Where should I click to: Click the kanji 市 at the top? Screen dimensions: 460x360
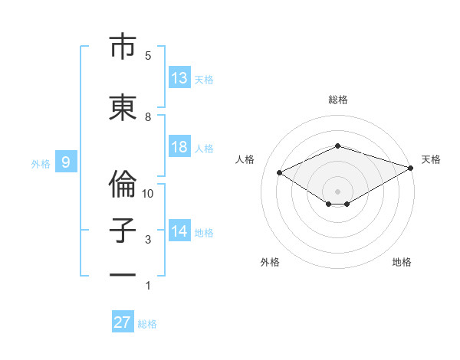(123, 46)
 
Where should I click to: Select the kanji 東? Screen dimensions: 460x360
(123, 107)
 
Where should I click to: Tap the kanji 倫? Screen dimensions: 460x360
(123, 184)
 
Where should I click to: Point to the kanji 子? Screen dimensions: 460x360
(123, 231)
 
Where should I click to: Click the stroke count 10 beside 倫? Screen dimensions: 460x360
(147, 194)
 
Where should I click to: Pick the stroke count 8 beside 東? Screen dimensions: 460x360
(148, 117)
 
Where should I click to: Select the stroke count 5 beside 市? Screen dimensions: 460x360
(148, 56)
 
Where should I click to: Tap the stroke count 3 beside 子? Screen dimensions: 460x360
(148, 240)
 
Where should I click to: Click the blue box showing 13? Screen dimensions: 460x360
(179, 77)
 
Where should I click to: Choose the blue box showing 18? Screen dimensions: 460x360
(179, 146)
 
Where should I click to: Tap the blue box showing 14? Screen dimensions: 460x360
(179, 230)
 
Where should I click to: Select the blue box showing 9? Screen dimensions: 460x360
(66, 162)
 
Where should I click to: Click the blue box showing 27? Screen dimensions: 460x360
(123, 321)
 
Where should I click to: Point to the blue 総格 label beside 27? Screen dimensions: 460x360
(147, 324)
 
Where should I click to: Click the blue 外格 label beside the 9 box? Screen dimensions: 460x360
(41, 164)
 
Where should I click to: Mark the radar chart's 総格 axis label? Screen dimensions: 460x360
(338, 100)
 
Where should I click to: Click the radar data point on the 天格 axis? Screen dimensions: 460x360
(411, 168)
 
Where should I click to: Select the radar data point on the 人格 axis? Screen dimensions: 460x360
(280, 172)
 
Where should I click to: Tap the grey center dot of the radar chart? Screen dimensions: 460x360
(337, 191)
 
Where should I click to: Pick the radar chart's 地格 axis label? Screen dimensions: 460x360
(402, 262)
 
